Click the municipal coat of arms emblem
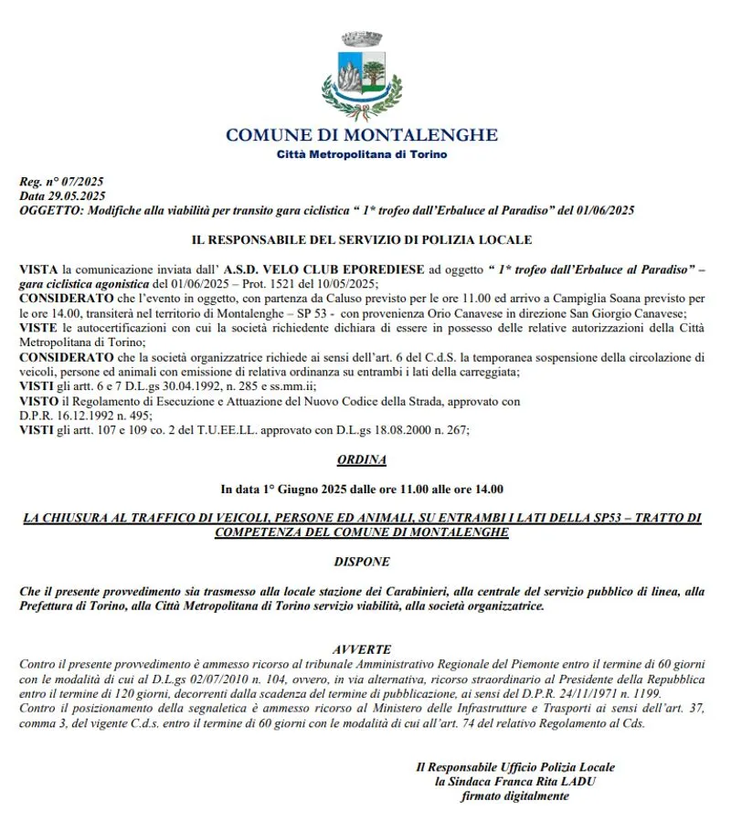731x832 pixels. tap(362, 77)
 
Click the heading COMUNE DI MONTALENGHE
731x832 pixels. tap(362, 135)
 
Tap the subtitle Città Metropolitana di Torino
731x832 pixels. tap(362, 154)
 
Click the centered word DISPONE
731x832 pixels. tap(362, 562)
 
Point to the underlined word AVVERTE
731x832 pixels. tap(362, 648)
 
